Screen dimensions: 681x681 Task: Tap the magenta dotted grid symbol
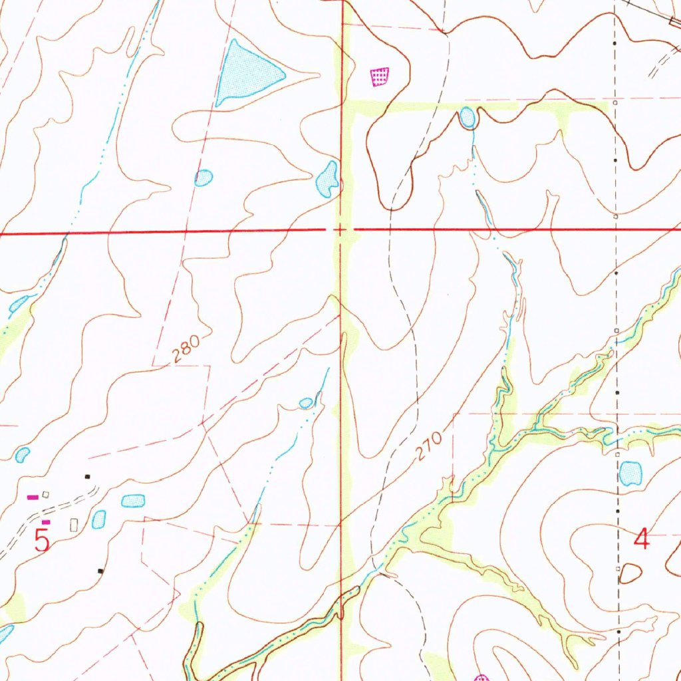tap(379, 77)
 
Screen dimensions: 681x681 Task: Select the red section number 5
tap(42, 540)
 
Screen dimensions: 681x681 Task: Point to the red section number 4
tap(641, 538)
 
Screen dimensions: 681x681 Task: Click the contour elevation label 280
tap(186, 349)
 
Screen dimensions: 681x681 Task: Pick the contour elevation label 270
tap(430, 447)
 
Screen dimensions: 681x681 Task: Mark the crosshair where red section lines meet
tap(340, 230)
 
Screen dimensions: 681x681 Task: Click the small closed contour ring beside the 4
tap(630, 573)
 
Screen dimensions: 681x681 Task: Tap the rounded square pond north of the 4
tap(630, 474)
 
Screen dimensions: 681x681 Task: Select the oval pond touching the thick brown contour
tap(468, 118)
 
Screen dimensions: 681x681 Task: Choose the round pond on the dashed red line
tap(204, 178)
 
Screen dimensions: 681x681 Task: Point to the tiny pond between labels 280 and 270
tap(306, 403)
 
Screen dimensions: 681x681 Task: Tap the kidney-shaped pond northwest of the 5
tap(23, 455)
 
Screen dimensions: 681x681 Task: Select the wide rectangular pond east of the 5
tap(133, 500)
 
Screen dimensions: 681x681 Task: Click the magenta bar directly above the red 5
tap(46, 522)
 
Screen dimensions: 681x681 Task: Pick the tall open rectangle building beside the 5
tap(73, 525)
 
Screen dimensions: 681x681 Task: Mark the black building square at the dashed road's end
tap(87, 476)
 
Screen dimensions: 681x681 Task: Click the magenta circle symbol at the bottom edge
tap(481, 678)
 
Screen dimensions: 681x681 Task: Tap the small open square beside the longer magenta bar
tap(45, 494)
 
